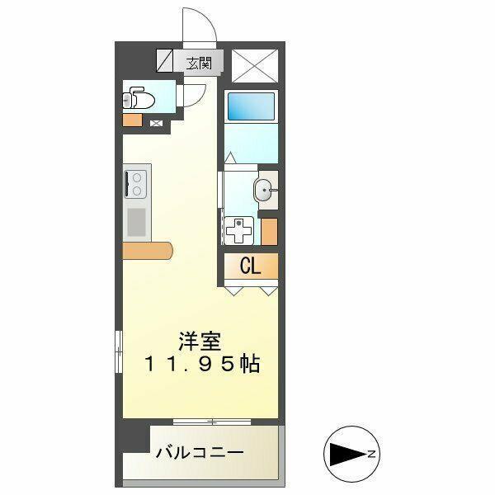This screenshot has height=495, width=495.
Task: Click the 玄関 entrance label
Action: [199, 62]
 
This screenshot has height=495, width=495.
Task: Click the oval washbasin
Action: [265, 190]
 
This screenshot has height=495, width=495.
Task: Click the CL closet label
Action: [251, 266]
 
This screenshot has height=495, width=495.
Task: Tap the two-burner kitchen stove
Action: [135, 182]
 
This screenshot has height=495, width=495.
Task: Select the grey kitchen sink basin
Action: [136, 222]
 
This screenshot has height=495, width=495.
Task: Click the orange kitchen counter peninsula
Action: [148, 249]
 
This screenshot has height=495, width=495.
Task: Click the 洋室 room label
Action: [200, 340]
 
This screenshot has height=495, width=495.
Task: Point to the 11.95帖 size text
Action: [203, 363]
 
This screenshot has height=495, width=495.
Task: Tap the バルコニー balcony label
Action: [200, 453]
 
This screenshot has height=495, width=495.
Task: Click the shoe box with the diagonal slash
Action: [165, 62]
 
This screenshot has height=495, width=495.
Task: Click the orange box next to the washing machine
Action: [269, 230]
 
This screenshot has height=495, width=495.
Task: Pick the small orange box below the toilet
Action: [132, 120]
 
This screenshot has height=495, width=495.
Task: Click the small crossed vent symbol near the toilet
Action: [156, 124]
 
